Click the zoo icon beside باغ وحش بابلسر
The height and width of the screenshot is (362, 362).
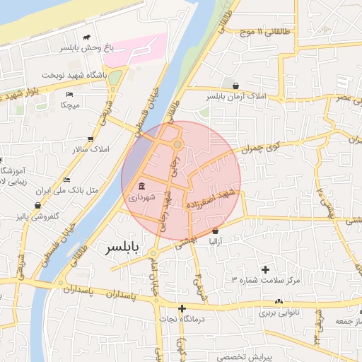point(86,37)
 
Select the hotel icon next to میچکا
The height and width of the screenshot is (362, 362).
point(69,94)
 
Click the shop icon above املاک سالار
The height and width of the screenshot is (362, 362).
point(90,139)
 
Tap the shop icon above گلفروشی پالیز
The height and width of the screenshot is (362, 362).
point(37,206)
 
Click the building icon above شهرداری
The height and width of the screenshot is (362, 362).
point(143,187)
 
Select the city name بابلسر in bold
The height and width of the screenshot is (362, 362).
point(124,249)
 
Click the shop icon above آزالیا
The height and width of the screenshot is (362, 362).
point(215,231)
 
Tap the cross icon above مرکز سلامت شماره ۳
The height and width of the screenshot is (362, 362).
point(266,269)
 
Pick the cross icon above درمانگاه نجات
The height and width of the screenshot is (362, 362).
point(182,308)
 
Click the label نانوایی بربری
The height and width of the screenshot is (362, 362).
point(279,312)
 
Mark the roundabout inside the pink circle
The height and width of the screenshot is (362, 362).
point(177,145)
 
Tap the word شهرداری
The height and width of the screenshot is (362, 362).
point(144,199)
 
